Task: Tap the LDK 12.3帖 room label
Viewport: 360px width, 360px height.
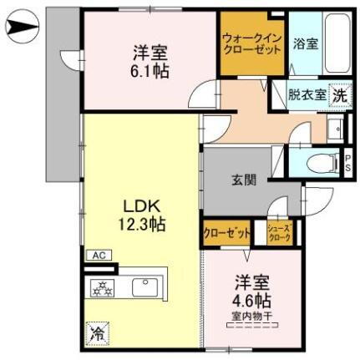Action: click(x=140, y=215)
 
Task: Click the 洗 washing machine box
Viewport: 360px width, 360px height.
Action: click(x=339, y=95)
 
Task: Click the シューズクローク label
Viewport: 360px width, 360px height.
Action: click(x=279, y=235)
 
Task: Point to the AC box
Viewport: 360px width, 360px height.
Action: click(x=97, y=255)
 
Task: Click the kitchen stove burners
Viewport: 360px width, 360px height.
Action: click(x=104, y=290)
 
